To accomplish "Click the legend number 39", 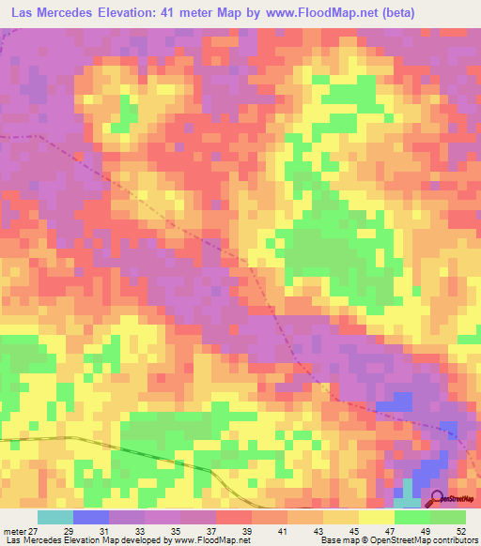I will tap(262, 531).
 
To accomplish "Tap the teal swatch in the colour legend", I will tap(54, 517).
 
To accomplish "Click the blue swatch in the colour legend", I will tap(90, 517).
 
